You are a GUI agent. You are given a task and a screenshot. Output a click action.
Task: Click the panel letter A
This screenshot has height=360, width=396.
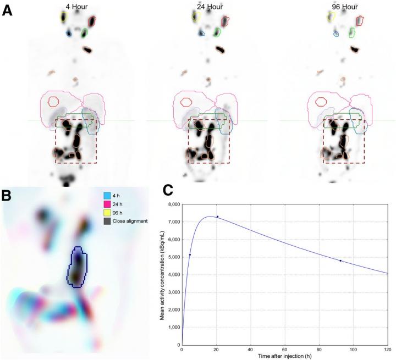tap(7, 10)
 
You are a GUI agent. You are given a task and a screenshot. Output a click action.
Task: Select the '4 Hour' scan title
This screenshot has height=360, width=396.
tap(76, 7)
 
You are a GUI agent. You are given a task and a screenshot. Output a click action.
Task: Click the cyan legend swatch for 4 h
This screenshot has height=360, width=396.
tap(108, 195)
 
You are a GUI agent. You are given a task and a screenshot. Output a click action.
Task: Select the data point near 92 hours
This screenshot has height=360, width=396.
tap(340, 261)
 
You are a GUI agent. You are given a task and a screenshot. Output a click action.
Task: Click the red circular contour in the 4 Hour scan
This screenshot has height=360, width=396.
tap(53, 101)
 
